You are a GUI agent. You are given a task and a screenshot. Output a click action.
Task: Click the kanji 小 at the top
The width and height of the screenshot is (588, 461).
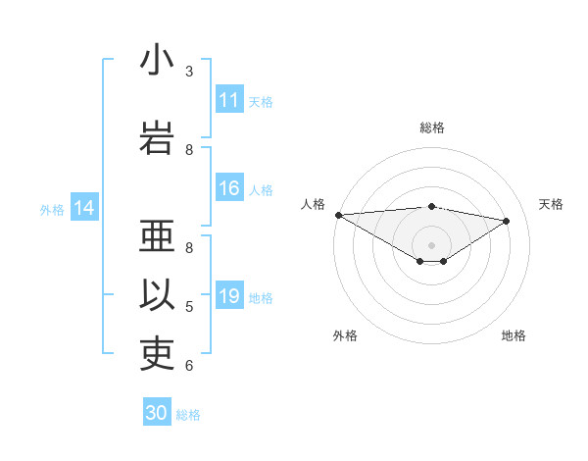[x=157, y=61]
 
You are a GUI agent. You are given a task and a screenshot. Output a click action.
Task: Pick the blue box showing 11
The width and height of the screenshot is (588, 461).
[x=229, y=101]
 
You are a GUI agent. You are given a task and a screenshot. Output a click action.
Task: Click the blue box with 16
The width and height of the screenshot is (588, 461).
[x=229, y=189]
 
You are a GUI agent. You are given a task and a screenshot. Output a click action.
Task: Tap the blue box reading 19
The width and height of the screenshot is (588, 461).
[x=229, y=297]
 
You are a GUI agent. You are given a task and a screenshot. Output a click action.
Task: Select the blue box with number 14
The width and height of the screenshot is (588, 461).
[x=84, y=208]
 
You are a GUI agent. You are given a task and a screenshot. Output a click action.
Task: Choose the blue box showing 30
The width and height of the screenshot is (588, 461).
[x=157, y=413]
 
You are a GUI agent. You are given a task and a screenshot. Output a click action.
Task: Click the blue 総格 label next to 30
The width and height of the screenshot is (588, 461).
[x=188, y=415]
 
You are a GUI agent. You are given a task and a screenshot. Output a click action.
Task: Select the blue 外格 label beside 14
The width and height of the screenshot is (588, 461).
[x=52, y=209]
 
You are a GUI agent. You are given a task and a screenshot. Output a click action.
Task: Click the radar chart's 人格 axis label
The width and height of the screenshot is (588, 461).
[x=314, y=204]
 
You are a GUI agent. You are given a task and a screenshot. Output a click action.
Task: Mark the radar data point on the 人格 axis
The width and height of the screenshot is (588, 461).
[x=338, y=214]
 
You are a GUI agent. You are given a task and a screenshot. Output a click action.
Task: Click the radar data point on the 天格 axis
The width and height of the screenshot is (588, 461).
[x=507, y=221]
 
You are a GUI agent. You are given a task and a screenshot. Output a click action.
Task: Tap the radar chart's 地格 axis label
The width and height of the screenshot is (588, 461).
[x=514, y=336]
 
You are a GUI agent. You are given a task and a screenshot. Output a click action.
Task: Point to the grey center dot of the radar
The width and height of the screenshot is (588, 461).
[x=431, y=243]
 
